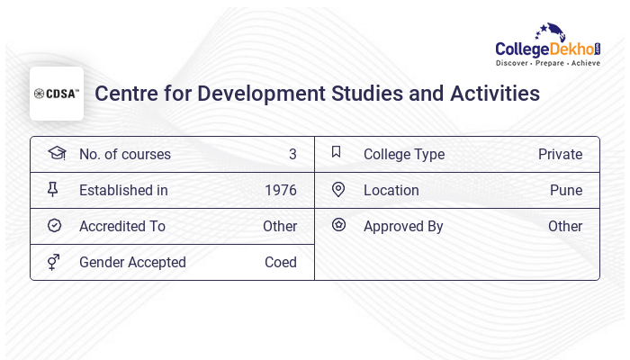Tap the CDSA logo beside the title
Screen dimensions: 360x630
57,94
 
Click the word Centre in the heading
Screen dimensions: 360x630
125,94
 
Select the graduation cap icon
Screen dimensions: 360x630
56,153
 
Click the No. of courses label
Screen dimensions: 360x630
124,155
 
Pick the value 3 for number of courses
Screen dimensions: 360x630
292,155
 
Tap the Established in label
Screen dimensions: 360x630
123,191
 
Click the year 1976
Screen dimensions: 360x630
281,191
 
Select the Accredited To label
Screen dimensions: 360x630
122,227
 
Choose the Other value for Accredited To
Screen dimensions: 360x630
280,227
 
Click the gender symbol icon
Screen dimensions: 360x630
54,262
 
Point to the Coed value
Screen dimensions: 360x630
281,263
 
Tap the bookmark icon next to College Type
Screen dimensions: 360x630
337,152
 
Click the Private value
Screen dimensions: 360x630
560,155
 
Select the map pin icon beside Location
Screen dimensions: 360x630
338,189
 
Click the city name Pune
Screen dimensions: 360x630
566,191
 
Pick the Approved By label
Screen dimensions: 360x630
403,227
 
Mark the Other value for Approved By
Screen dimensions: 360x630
565,227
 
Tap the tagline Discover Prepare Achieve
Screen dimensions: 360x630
547,64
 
